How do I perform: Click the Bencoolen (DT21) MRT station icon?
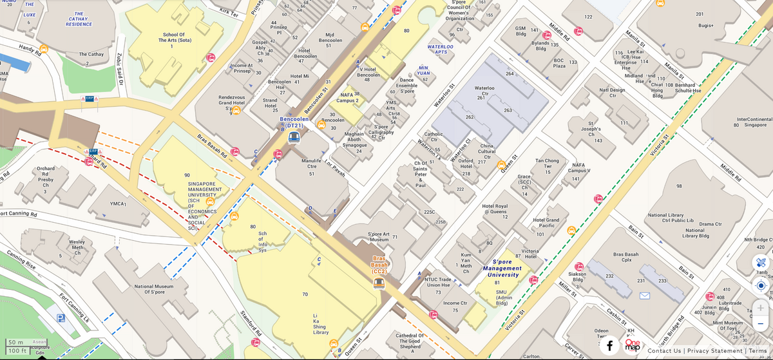tap(294, 137)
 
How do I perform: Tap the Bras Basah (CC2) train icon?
tap(379, 283)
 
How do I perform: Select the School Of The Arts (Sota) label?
tap(173, 40)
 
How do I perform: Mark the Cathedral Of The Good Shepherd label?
tap(410, 341)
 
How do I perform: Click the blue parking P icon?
tap(61, 318)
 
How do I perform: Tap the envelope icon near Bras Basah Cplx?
tap(644, 296)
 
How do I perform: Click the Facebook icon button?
tap(609, 346)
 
